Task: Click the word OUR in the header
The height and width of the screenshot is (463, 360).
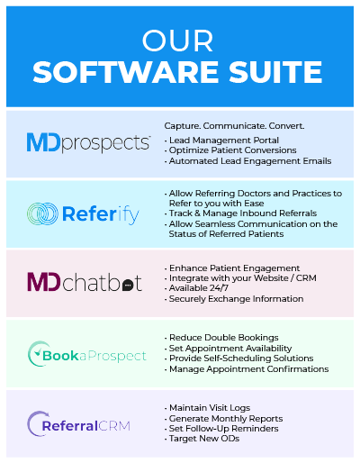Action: click(x=177, y=41)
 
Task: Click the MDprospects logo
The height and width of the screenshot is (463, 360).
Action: click(x=88, y=143)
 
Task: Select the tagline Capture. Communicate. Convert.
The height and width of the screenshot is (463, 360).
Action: click(x=234, y=126)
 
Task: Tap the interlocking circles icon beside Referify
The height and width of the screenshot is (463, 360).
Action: click(x=42, y=213)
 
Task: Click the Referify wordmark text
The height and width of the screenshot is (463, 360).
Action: click(x=101, y=214)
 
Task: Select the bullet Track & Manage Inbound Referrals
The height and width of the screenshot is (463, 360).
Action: click(x=240, y=213)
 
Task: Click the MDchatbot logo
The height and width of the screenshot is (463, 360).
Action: click(x=85, y=282)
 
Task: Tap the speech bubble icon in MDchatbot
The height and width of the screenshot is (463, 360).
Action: click(x=128, y=285)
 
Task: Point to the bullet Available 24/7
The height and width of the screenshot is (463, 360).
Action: click(x=196, y=288)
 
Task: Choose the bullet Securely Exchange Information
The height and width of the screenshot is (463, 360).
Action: click(x=234, y=299)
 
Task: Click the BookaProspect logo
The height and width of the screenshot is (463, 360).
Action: click(x=87, y=354)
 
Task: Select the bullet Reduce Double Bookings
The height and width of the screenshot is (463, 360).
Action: click(x=221, y=338)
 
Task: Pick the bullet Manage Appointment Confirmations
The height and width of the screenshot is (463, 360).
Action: click(x=247, y=369)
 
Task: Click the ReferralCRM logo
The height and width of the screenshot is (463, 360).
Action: click(x=79, y=424)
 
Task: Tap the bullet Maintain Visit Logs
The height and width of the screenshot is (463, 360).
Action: click(x=207, y=408)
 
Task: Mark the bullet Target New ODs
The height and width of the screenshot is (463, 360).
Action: click(x=202, y=439)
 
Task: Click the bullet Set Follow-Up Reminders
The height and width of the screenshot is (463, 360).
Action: click(x=221, y=429)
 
